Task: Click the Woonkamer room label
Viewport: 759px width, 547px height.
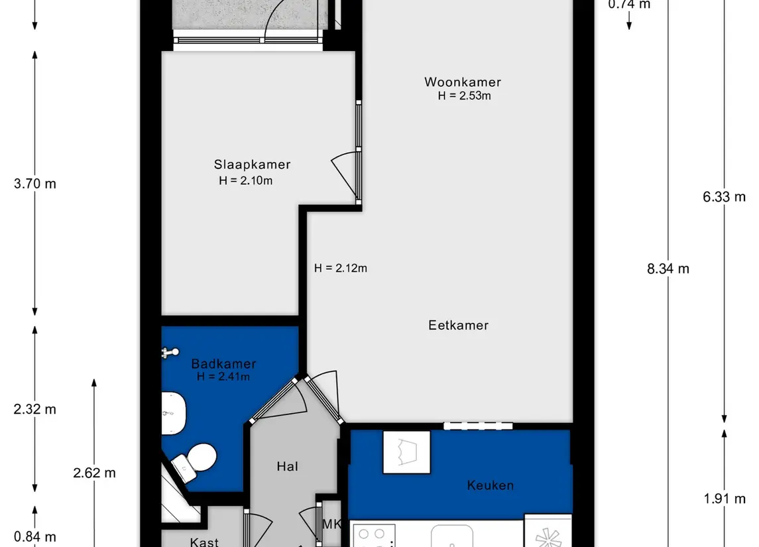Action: [x=462, y=82]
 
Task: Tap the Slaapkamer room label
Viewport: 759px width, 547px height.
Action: [x=252, y=164]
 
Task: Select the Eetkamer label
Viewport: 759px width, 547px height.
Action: [x=459, y=326]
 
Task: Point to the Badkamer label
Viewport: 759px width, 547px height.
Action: [x=223, y=363]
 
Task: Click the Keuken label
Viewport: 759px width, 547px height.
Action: [x=491, y=485]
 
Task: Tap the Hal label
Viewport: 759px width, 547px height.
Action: [x=288, y=466]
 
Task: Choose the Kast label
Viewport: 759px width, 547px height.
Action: [x=204, y=542]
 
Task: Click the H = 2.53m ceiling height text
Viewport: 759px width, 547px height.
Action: [x=464, y=96]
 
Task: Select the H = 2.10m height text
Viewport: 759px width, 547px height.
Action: [x=245, y=180]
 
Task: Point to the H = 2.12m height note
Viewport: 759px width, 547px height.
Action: [x=340, y=268]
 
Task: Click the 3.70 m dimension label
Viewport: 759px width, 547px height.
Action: [x=35, y=184]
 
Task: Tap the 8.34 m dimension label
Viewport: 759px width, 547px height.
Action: [x=668, y=269]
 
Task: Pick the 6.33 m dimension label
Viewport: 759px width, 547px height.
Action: [x=724, y=197]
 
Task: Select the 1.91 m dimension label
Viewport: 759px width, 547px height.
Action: [x=725, y=499]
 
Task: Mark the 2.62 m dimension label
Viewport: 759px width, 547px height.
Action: [x=94, y=473]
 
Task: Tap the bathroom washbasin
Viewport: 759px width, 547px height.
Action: [x=173, y=413]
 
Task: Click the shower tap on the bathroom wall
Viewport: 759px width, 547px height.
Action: [x=170, y=353]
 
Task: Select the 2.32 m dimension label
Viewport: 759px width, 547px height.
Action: [x=35, y=410]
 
